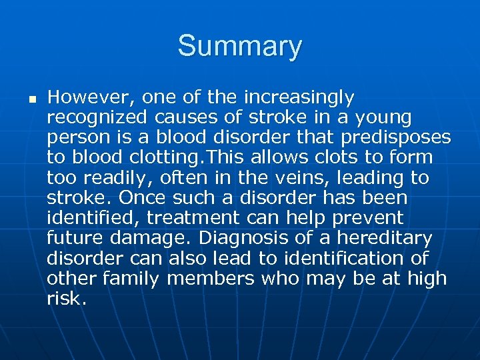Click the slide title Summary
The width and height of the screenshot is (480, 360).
point(239,47)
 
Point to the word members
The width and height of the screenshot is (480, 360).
point(211,278)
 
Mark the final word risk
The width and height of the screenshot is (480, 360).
point(65,298)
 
